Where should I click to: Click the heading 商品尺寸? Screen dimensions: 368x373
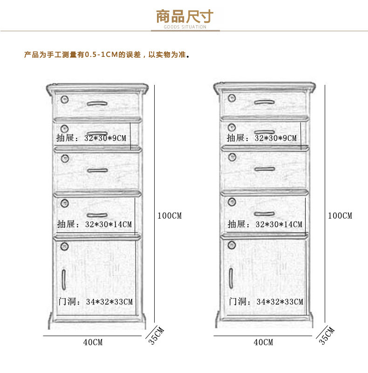pyautogui.click(x=184, y=16)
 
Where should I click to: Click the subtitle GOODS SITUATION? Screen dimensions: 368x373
pyautogui.click(x=184, y=27)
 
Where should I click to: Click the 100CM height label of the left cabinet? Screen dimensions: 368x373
pyautogui.click(x=170, y=216)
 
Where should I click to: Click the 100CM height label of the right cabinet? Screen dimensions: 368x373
pyautogui.click(x=340, y=216)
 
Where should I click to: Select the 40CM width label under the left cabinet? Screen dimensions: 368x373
pyautogui.click(x=93, y=342)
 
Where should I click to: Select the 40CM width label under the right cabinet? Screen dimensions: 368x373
pyautogui.click(x=263, y=342)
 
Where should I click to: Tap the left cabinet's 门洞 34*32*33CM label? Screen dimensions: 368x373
pyautogui.click(x=95, y=302)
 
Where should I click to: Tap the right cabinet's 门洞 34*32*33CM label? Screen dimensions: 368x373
pyautogui.click(x=266, y=302)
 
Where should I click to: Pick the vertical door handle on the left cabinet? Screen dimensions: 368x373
pyautogui.click(x=63, y=278)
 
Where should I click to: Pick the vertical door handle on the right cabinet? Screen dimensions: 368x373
pyautogui.click(x=231, y=278)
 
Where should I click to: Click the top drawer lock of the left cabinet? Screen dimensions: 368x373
pyautogui.click(x=65, y=99)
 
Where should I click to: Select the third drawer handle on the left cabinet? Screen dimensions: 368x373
pyautogui.click(x=97, y=170)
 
